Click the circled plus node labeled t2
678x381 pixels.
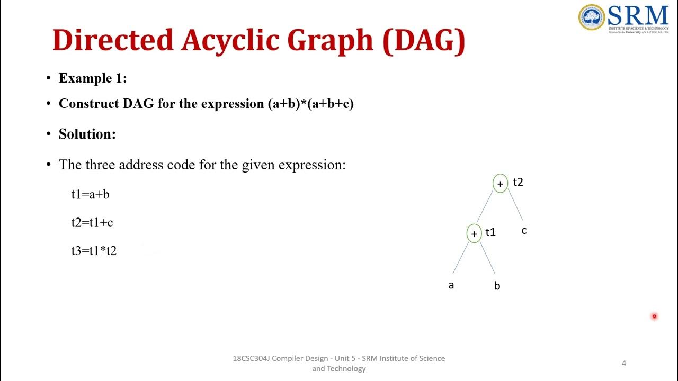(500, 184)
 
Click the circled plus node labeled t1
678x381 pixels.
(474, 233)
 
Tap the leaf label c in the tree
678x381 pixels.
(524, 231)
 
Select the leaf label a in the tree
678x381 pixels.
(451, 285)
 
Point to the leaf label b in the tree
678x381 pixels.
(497, 286)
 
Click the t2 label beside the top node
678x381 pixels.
(518, 182)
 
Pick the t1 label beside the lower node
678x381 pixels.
(490, 232)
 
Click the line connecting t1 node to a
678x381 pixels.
(460, 259)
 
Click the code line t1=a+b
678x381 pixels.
(90, 194)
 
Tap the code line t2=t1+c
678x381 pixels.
(92, 223)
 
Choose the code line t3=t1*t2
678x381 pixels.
(94, 251)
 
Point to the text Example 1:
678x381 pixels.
(93, 78)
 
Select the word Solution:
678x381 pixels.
(87, 134)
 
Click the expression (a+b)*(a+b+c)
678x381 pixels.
(311, 103)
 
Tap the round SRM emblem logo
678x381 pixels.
(591, 17)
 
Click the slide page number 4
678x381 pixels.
(623, 363)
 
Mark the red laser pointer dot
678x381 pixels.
(654, 316)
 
